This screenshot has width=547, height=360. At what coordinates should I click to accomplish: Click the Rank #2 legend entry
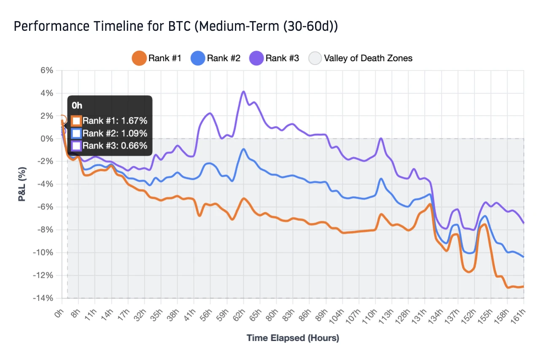216,58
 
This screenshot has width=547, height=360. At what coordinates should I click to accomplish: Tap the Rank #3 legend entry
275,58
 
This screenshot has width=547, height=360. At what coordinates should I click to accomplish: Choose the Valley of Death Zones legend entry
361,58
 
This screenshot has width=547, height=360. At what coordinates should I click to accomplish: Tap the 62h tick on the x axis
240,314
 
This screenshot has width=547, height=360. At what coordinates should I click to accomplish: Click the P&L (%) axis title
22,184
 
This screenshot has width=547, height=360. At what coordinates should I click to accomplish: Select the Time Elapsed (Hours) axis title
293,338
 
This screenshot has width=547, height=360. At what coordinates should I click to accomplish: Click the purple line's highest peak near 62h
243,91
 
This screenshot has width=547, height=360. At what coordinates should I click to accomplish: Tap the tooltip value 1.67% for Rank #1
133,121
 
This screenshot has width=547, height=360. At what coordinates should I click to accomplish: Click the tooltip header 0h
77,106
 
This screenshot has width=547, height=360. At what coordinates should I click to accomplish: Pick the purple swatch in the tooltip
76,146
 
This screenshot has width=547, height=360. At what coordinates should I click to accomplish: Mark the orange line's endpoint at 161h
523,286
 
